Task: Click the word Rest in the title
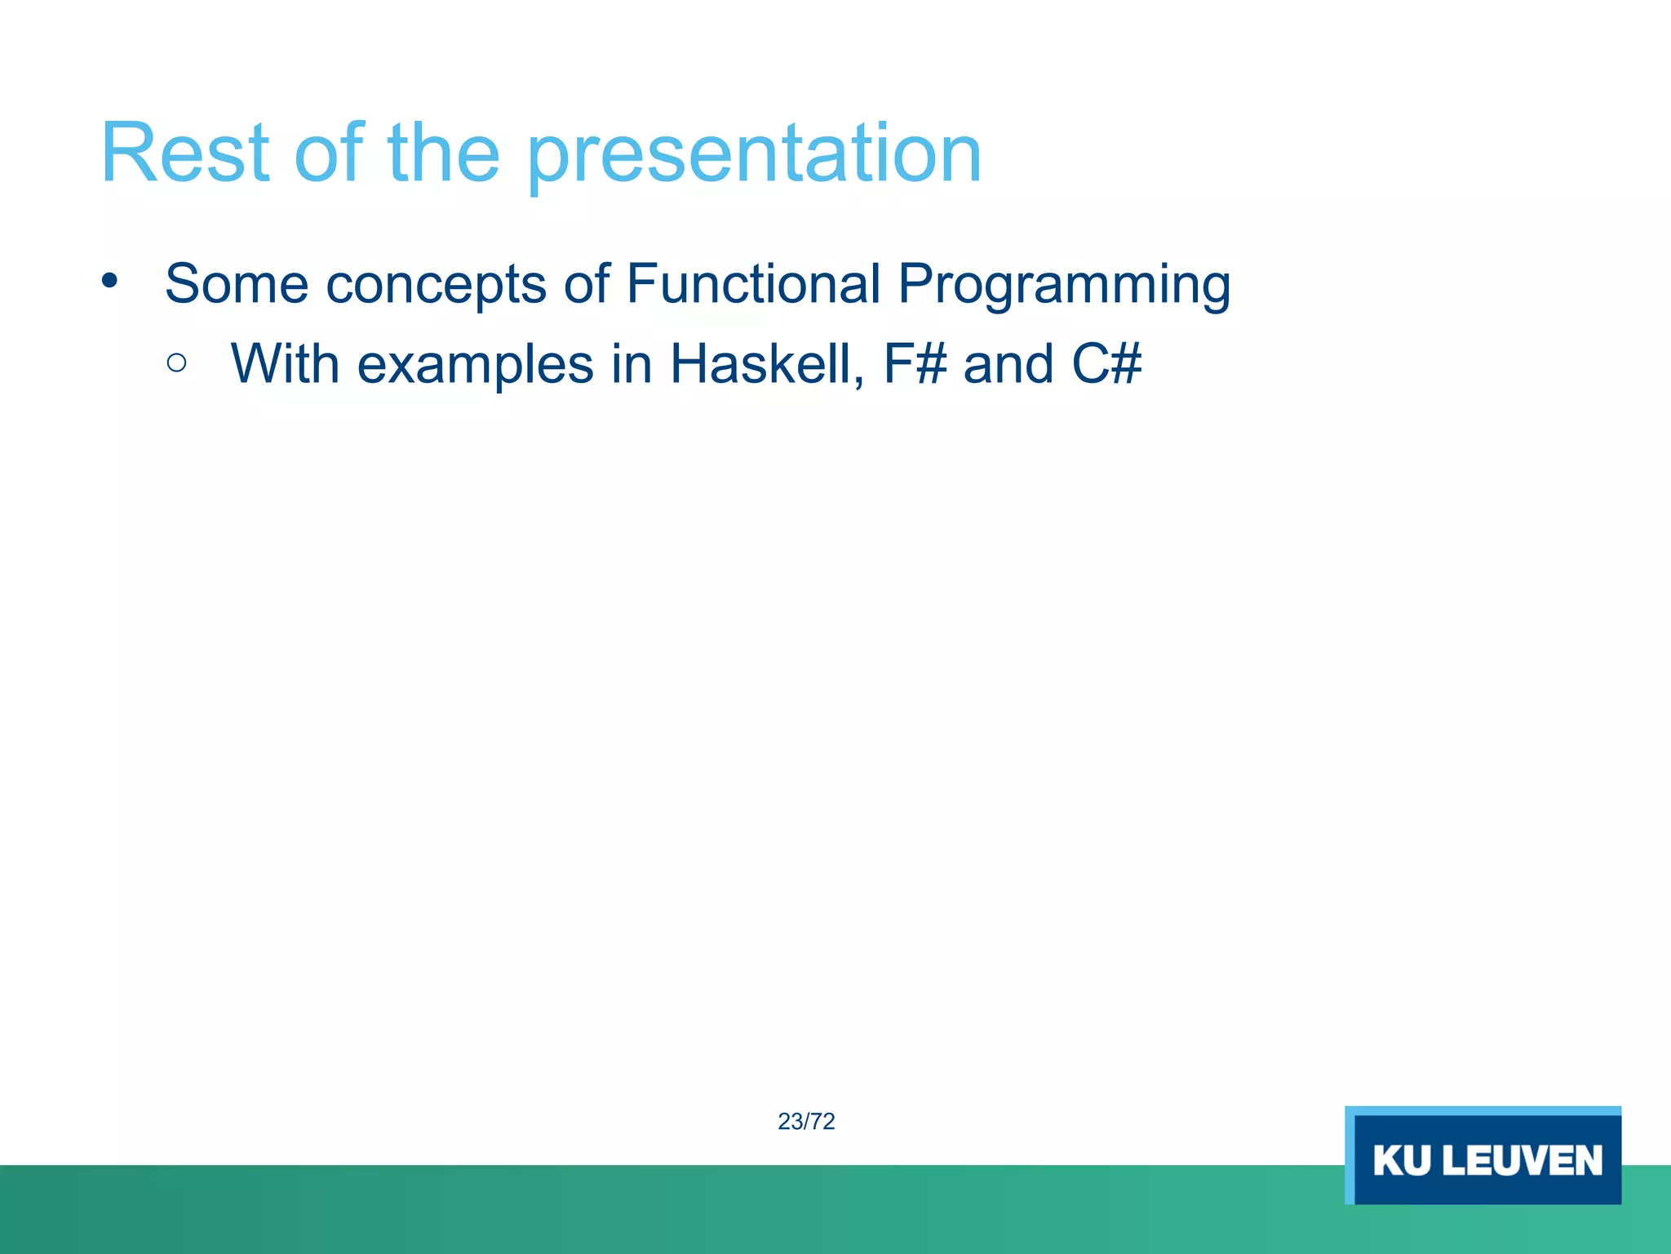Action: (x=184, y=153)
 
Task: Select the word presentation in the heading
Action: (x=756, y=158)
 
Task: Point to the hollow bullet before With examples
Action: (x=176, y=362)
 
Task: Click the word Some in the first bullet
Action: (x=237, y=283)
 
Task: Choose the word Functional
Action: (x=754, y=283)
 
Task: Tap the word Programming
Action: (x=1064, y=287)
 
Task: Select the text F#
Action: (x=915, y=363)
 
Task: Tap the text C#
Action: (x=1106, y=363)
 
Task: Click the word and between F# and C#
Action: (x=1008, y=363)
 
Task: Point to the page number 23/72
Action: (x=806, y=1122)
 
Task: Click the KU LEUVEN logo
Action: (x=1483, y=1154)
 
